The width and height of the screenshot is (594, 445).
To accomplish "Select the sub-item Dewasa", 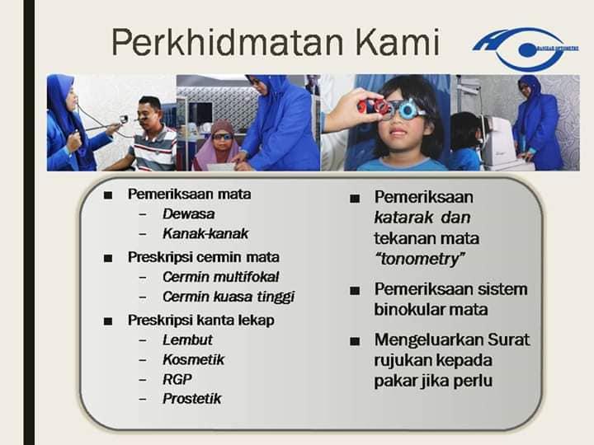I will pos(188,213).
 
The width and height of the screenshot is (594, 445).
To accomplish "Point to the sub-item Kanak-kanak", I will pos(205,233).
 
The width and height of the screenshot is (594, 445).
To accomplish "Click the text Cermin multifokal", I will pos(220,276).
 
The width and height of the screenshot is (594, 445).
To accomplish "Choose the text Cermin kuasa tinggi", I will pos(228,297).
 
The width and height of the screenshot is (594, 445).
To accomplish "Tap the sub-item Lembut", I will pos(187,340).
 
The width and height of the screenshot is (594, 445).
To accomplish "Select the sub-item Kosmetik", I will pos(193,359).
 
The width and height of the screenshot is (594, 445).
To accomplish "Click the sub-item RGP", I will pos(177,379).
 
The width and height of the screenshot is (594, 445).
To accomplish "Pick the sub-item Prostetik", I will pos(192,399).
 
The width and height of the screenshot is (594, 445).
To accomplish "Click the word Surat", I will pos(511,340).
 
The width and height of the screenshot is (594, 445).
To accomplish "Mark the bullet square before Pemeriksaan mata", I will pos(108,195).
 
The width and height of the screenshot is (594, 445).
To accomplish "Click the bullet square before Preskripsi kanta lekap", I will pos(108,320).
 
